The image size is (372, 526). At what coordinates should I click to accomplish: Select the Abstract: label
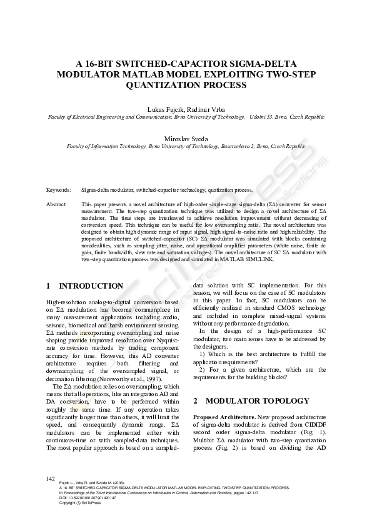coord(57,204)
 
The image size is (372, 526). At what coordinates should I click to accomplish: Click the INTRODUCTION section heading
coord(91,285)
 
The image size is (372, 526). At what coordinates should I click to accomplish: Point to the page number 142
coord(51,479)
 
